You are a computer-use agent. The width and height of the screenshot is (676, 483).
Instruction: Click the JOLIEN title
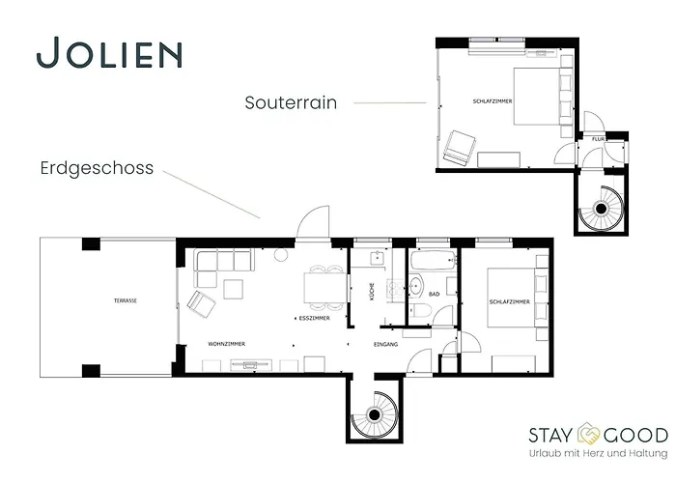pyautogui.click(x=109, y=54)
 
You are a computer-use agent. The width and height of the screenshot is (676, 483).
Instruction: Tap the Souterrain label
pyautogui.click(x=291, y=101)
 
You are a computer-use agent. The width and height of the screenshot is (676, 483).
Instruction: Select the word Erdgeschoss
pyautogui.click(x=97, y=168)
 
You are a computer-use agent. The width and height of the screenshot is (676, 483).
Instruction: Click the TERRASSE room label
pyautogui.click(x=125, y=301)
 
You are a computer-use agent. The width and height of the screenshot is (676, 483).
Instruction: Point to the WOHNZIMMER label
pyautogui.click(x=226, y=344)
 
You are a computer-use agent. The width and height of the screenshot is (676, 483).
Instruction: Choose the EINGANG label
pyautogui.click(x=386, y=344)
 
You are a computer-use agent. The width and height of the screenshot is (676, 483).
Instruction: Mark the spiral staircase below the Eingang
pyautogui.click(x=372, y=414)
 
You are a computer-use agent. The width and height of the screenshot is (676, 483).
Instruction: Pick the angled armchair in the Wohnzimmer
pyautogui.click(x=202, y=303)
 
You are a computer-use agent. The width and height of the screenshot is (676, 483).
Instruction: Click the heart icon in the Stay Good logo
pyautogui.click(x=589, y=435)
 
